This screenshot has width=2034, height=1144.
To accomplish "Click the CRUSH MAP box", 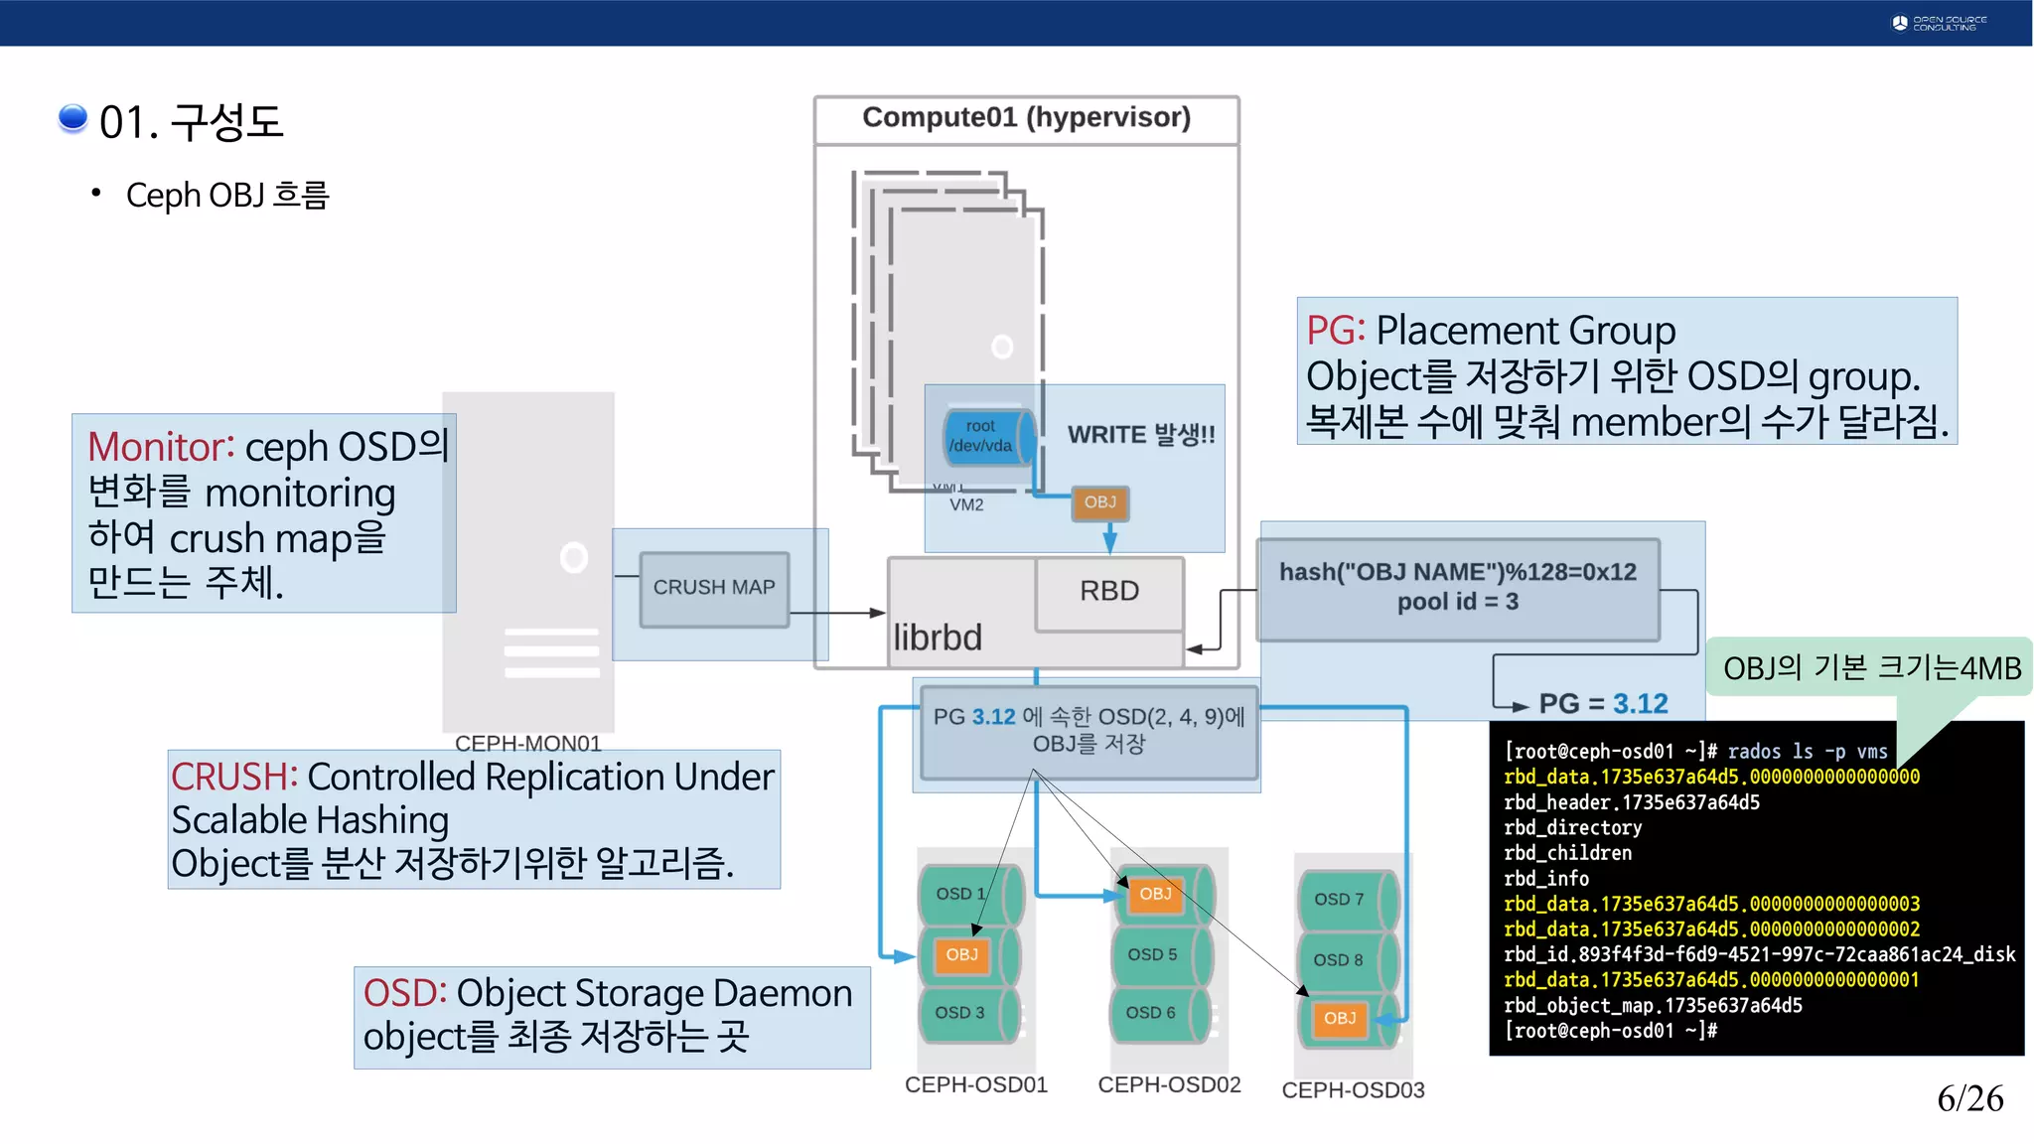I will point(714,588).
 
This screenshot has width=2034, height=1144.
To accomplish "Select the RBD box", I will point(1109,592).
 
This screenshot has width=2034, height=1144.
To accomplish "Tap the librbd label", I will point(938,638).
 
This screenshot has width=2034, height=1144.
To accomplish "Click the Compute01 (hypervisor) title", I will point(1026,118).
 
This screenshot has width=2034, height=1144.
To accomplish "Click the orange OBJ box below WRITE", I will point(1099,502).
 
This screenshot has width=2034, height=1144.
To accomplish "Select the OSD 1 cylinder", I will point(964,894).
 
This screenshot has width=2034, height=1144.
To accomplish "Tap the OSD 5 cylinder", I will point(1157,954).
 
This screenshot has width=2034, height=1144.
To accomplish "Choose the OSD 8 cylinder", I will point(1343,960).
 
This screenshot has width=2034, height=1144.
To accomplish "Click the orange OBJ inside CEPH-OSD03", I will point(1339,1019).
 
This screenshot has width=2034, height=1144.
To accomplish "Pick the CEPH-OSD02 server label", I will point(1169,1085).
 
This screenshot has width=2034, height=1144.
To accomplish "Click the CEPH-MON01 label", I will point(527,744).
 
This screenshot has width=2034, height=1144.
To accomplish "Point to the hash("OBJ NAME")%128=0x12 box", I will point(1457,588).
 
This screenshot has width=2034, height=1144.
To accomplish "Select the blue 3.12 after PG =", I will point(1640,704).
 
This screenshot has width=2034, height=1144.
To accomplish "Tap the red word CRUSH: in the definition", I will point(234,778).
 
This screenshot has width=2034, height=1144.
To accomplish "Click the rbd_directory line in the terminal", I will point(1572,828).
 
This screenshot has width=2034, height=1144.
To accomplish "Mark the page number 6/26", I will point(1969,1098).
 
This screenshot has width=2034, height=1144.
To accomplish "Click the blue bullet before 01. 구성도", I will point(73,118).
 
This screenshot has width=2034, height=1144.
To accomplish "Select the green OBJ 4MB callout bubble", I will point(1871,668).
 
